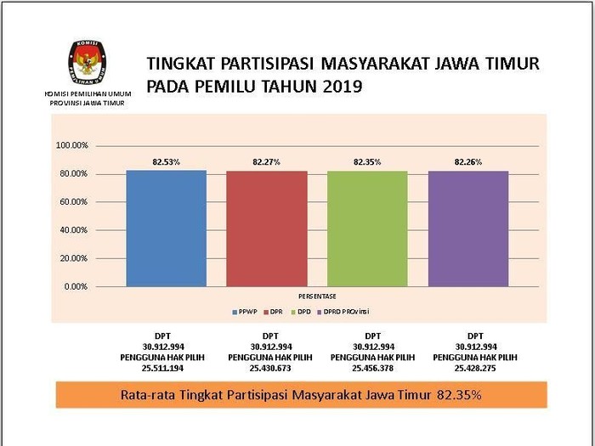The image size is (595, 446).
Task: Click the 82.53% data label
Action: (166, 161)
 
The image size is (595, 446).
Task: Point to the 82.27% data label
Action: (266, 161)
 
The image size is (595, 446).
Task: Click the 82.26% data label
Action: (468, 161)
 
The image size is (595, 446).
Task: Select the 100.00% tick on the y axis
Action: (72, 145)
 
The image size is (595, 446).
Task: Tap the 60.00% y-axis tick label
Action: (72, 202)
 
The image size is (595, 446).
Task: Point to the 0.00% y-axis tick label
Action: (75, 286)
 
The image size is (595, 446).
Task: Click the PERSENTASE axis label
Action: (317, 296)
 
